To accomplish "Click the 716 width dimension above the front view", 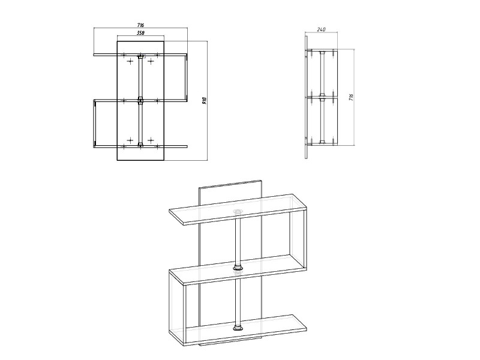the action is click(x=140, y=25).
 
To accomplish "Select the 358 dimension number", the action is click(x=140, y=33).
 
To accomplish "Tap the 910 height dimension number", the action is click(x=205, y=101).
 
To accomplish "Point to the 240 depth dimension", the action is click(x=321, y=29).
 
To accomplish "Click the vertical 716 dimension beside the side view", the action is click(x=351, y=98).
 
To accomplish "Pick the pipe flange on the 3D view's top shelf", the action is click(x=237, y=212).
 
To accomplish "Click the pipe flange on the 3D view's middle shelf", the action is click(x=237, y=267).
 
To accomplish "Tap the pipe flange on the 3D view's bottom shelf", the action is click(x=237, y=328).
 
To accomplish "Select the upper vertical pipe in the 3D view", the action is click(x=237, y=239).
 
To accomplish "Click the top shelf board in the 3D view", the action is click(x=238, y=210).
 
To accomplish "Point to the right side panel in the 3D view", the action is click(x=299, y=233).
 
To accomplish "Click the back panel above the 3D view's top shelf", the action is click(x=230, y=192).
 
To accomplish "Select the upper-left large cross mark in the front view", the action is click(x=130, y=62).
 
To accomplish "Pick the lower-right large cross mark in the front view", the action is click(x=151, y=140).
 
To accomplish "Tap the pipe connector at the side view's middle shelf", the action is click(x=322, y=98).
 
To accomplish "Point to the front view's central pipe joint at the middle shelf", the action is click(x=140, y=100).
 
